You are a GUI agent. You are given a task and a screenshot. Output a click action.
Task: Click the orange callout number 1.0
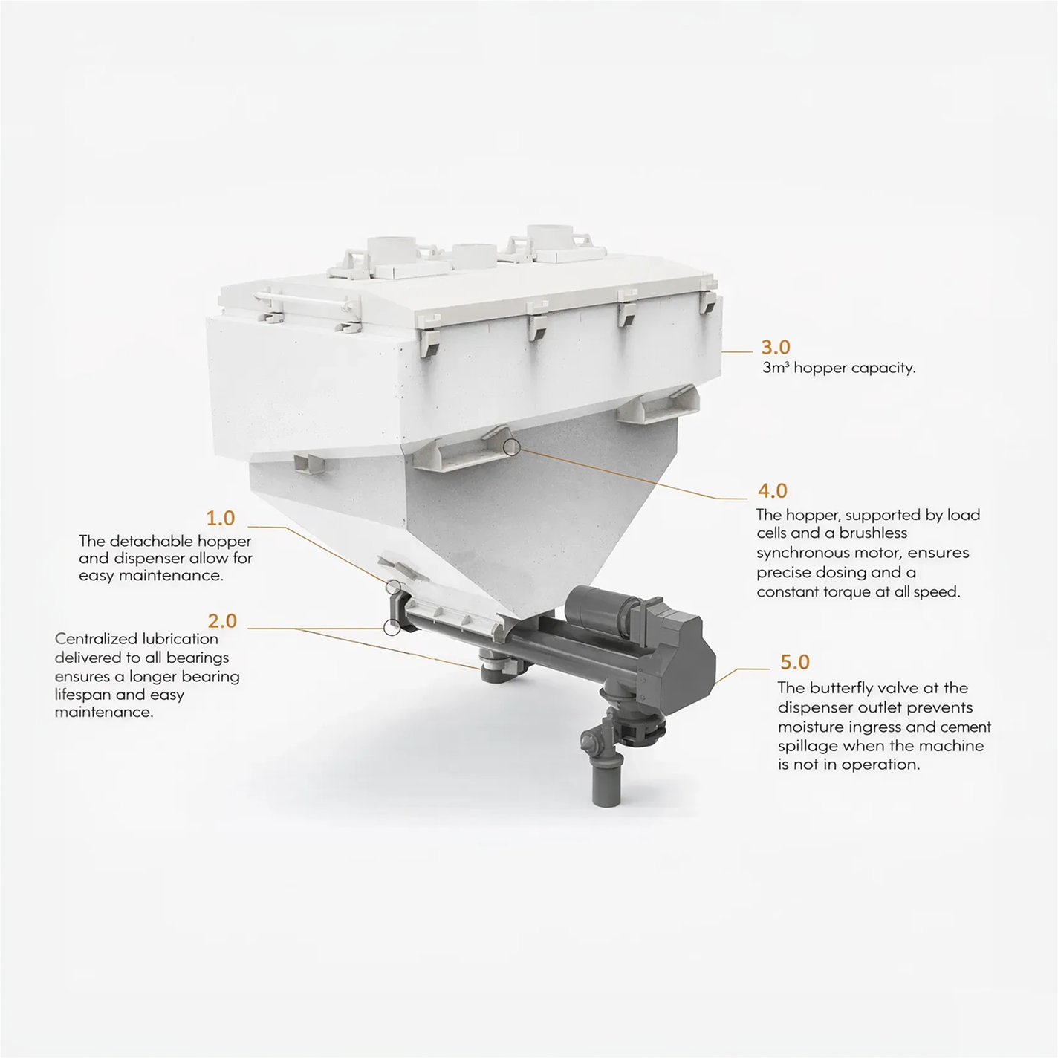click(x=220, y=518)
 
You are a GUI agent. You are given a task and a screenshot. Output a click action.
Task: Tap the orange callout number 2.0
click(x=222, y=621)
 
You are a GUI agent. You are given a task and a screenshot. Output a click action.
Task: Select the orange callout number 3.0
click(x=776, y=347)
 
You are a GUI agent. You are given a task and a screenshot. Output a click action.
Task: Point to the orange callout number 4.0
click(x=773, y=490)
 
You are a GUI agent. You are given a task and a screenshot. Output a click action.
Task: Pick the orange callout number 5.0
click(x=795, y=662)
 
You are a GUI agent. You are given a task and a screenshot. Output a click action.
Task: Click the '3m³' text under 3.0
click(x=776, y=368)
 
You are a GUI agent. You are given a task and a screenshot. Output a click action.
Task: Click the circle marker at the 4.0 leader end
click(x=511, y=447)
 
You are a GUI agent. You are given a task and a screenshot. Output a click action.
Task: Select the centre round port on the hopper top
click(x=475, y=256)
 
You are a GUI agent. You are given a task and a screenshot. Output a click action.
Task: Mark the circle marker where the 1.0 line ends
click(x=393, y=587)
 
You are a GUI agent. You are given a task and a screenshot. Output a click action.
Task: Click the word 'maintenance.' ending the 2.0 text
click(x=104, y=713)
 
